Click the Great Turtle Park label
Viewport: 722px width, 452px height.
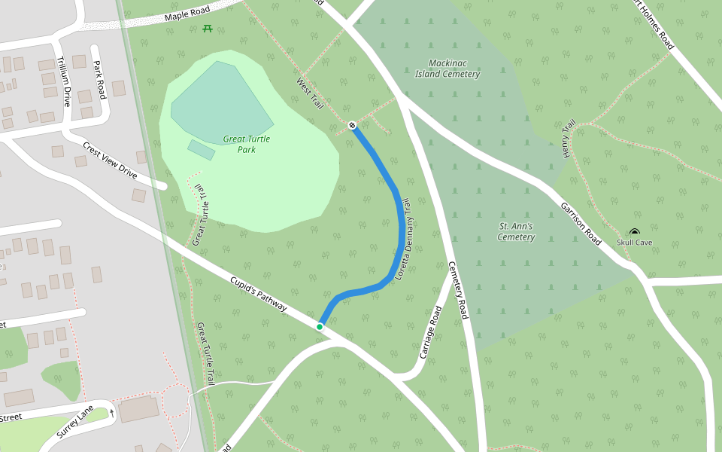coord(247,144)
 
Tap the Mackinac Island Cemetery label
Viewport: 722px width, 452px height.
coord(447,69)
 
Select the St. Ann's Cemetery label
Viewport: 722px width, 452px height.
coord(516,231)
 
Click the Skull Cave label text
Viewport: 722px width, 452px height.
coord(634,243)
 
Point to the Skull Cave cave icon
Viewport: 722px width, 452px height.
coord(635,232)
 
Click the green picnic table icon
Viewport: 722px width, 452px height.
coord(207,29)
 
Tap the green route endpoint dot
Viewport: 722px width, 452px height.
coord(320,326)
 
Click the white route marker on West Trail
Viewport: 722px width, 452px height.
coord(352,124)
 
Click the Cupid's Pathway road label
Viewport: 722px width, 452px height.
coord(259,294)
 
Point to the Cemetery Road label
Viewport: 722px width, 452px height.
coord(459,290)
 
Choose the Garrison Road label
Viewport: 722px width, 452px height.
coord(580,223)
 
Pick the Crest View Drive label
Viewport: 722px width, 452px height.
coord(110,160)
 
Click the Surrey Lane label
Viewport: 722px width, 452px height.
coord(76,422)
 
